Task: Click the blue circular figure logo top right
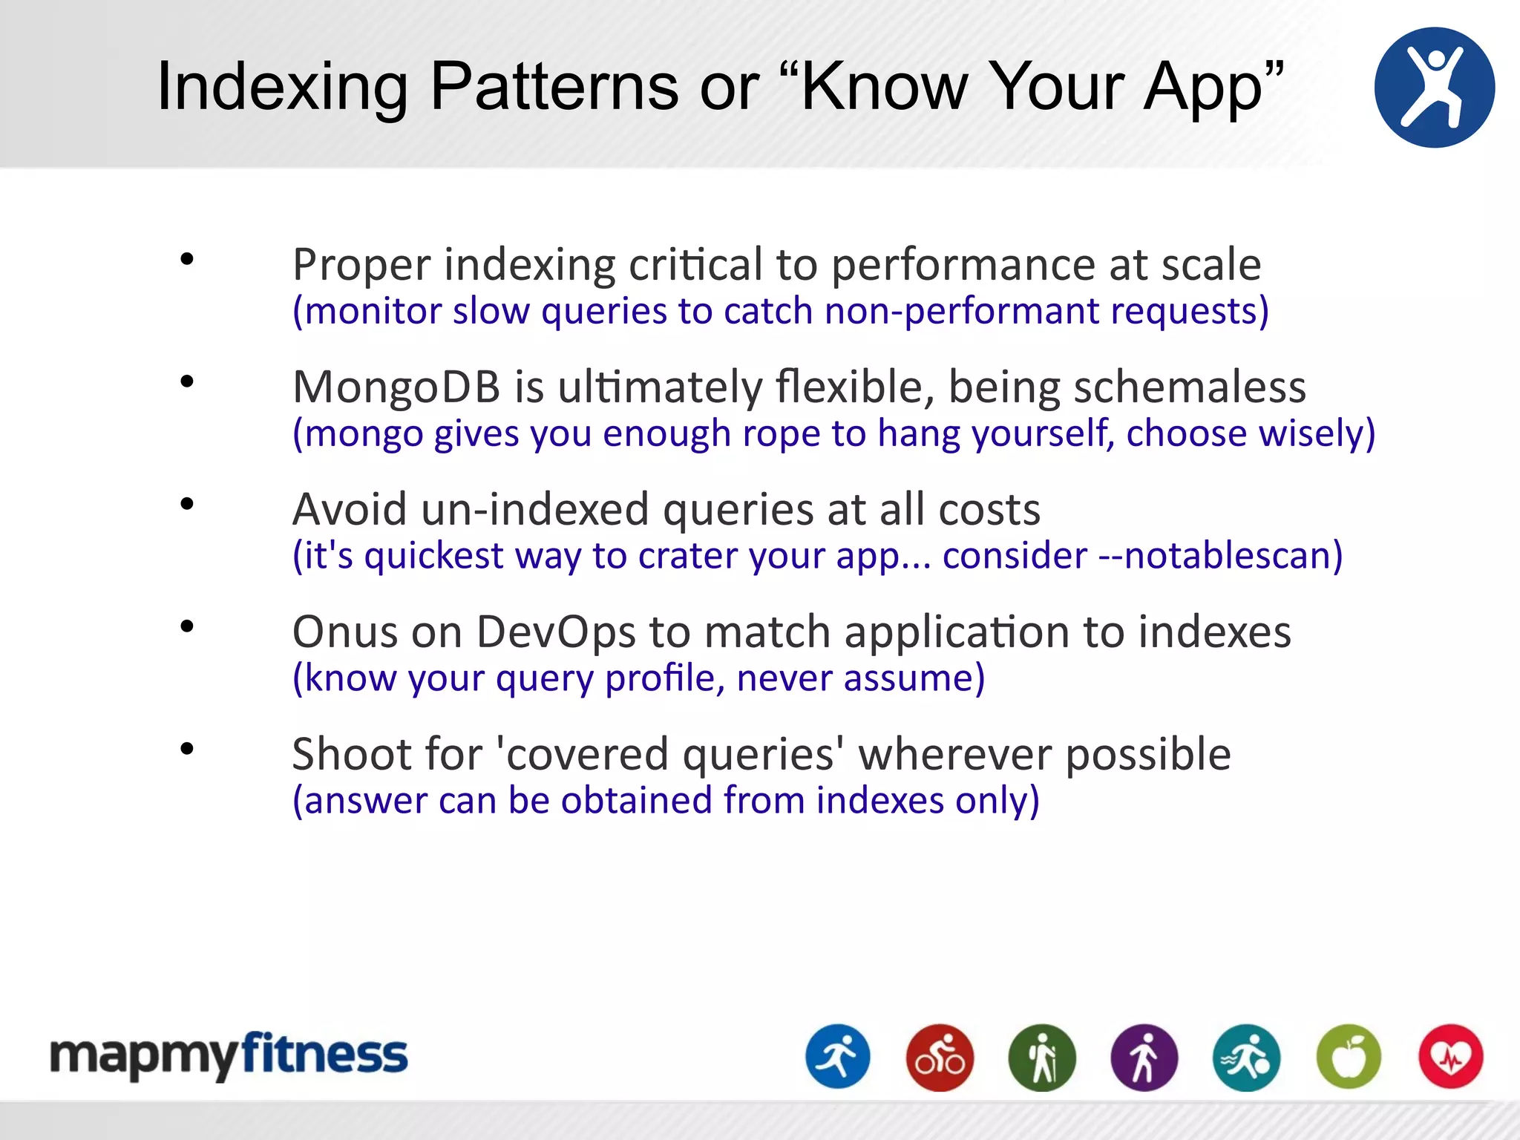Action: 1434,88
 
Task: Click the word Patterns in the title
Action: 554,87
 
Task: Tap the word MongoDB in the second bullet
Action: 396,387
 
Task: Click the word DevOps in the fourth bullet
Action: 555,632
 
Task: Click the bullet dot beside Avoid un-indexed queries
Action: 187,505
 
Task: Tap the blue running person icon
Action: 838,1057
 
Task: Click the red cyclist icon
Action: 940,1057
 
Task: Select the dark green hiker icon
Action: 1042,1057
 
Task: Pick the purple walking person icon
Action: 1144,1057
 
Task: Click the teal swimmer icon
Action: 1246,1057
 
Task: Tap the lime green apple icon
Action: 1349,1057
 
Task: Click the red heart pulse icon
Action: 1451,1057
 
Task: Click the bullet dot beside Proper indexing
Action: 187,260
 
